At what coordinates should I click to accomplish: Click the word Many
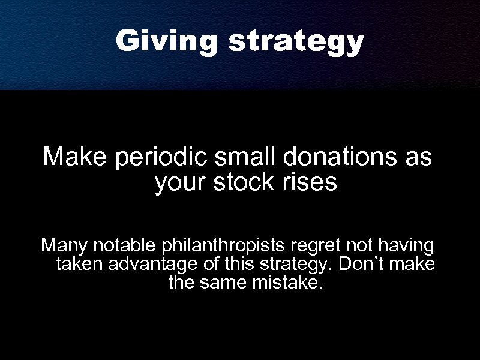pyautogui.click(x=61, y=247)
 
